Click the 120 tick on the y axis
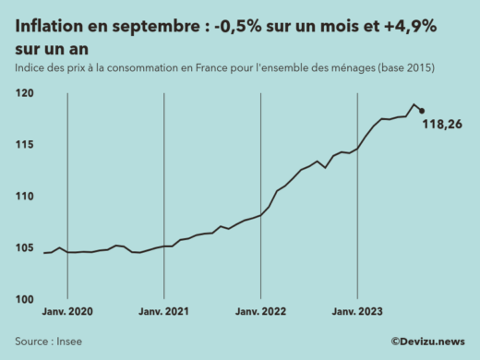click(25, 94)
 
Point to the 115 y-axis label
click(25, 145)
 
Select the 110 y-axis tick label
click(25, 197)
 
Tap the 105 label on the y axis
click(25, 248)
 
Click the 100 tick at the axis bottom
click(25, 299)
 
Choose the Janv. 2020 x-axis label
click(67, 312)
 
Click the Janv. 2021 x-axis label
click(163, 312)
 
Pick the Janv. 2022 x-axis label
click(260, 312)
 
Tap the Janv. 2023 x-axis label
click(357, 312)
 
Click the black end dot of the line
click(422, 111)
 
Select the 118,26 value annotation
click(442, 125)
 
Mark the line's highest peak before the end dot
click(414, 104)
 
